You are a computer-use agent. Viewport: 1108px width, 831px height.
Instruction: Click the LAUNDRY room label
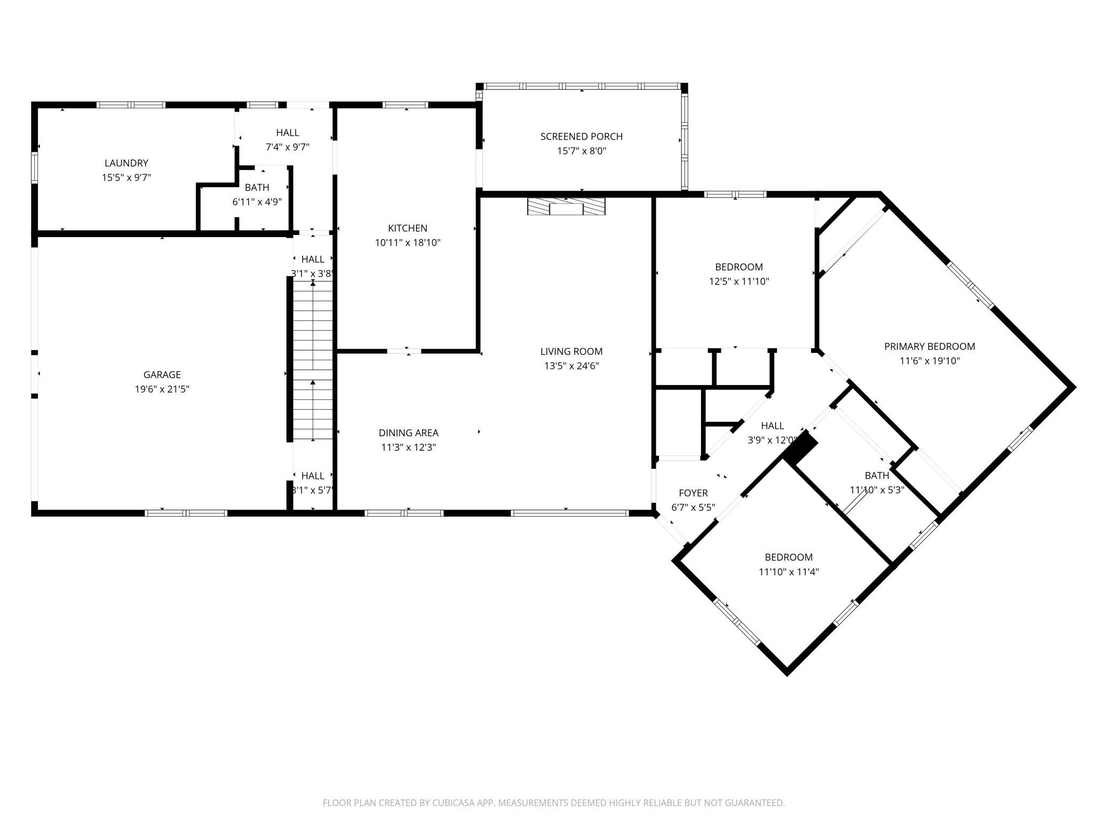126,163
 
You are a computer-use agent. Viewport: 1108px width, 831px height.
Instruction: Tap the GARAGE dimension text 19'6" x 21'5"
162,389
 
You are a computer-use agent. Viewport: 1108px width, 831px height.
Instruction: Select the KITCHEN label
408,228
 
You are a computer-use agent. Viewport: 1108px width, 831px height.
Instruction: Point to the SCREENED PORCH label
581,136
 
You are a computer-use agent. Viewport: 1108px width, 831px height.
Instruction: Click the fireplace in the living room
566,206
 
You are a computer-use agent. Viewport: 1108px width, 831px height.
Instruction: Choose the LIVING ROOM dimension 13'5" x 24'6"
571,366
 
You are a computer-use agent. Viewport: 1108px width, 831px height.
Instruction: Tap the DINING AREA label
409,433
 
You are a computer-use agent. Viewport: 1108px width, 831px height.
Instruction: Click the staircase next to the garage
313,360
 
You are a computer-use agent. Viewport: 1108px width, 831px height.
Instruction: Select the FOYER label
693,493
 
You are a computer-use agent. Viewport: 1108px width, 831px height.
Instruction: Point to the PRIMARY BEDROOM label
930,346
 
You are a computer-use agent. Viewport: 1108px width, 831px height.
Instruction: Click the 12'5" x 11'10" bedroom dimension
739,281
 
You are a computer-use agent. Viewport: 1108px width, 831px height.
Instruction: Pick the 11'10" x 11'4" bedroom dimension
788,572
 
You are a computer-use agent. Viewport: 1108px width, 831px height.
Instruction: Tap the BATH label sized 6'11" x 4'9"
257,188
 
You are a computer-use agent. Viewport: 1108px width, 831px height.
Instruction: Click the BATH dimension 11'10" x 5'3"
877,490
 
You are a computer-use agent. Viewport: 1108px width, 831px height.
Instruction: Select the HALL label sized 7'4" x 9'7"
287,133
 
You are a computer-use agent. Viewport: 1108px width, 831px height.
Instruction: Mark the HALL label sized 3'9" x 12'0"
772,426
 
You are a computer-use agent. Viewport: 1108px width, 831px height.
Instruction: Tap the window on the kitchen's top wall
406,105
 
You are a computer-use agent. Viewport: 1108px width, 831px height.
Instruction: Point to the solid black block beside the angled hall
800,449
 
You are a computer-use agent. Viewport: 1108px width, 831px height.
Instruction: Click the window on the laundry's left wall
35,167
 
